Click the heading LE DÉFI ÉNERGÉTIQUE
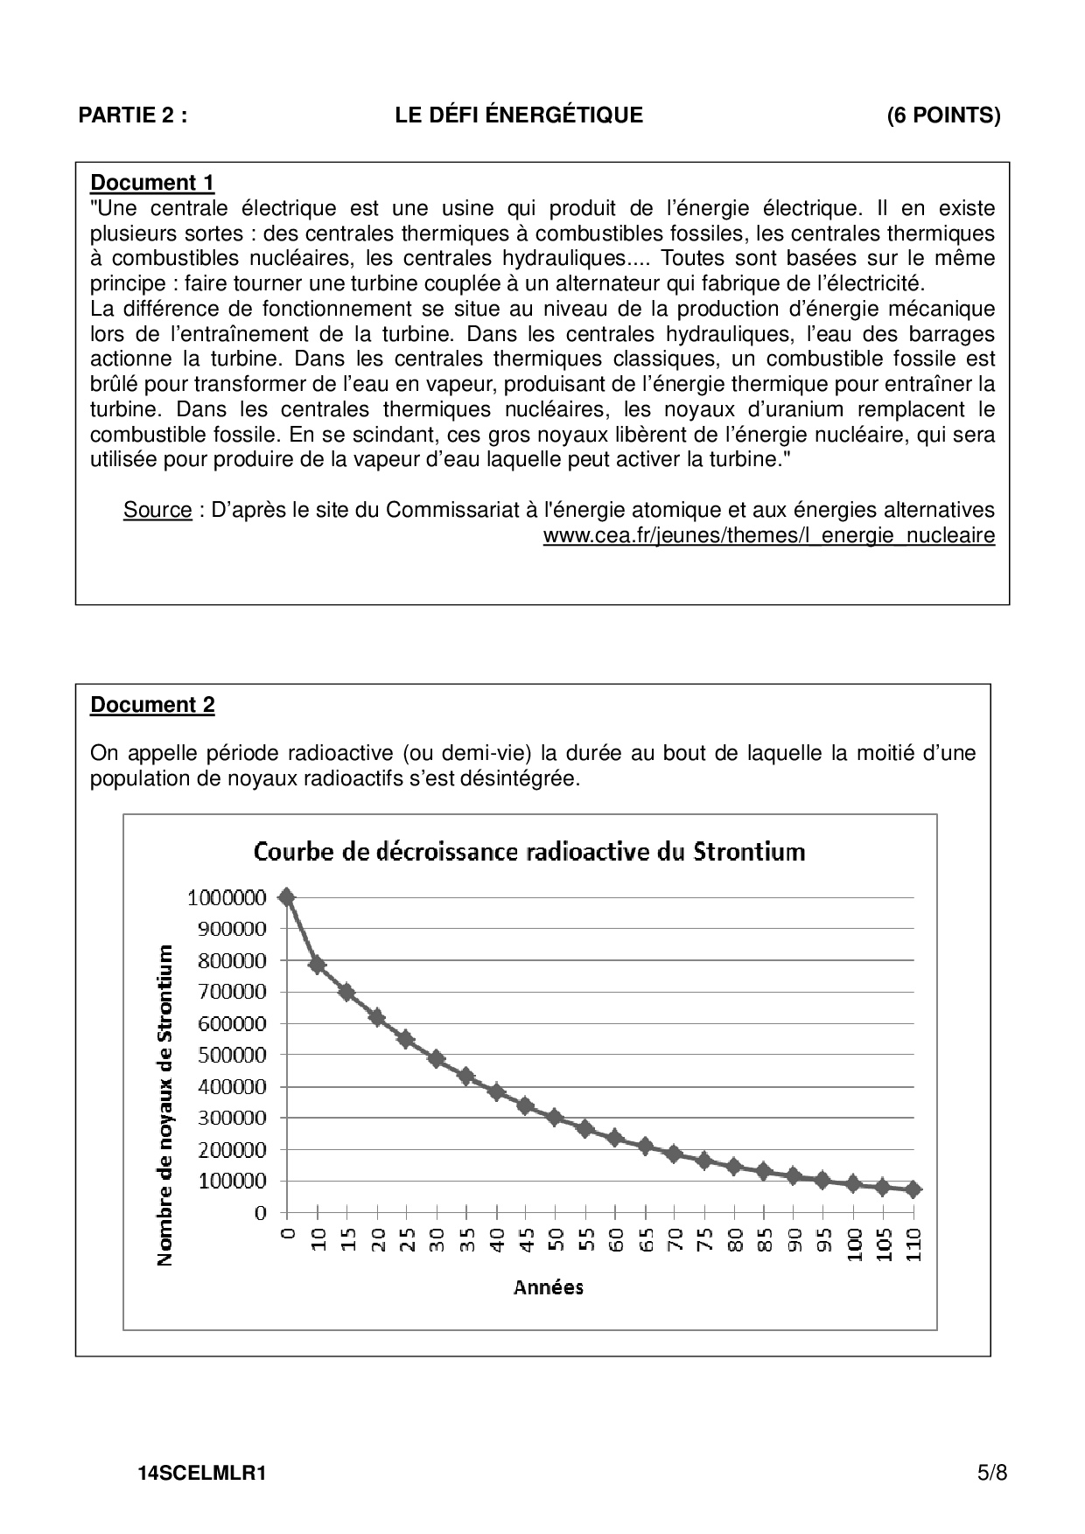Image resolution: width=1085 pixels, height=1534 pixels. [519, 115]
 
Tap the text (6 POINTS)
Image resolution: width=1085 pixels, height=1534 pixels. [943, 115]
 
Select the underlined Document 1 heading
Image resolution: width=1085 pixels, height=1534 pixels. [152, 183]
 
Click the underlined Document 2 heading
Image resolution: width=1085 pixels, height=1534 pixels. [152, 705]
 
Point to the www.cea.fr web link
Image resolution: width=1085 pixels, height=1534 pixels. [768, 535]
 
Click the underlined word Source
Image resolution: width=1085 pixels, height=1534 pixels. [157, 510]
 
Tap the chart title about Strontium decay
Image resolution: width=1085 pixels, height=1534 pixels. [529, 851]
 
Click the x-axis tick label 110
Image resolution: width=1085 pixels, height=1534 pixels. [914, 1244]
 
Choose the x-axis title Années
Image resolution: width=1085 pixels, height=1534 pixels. [549, 1286]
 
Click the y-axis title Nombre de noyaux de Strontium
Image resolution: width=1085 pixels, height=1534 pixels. [164, 1105]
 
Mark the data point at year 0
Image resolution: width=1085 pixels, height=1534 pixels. [286, 897]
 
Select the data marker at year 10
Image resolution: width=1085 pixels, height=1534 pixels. [317, 965]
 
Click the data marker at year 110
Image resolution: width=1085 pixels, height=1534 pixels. [913, 1189]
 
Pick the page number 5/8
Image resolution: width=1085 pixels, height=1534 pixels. [992, 1473]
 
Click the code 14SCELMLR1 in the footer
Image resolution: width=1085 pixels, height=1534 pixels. [201, 1474]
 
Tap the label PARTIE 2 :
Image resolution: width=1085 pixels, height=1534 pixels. [132, 115]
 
